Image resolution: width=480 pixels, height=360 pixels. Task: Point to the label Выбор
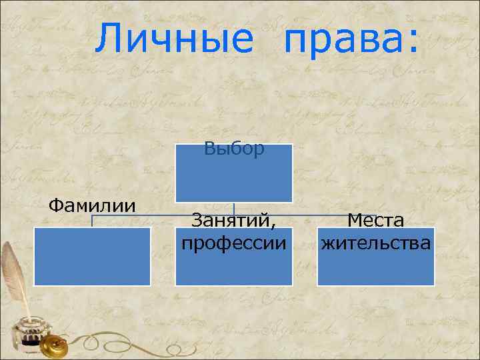234,148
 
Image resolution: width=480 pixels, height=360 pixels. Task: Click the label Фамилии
92,203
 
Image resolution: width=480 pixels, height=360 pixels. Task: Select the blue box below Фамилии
93,257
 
